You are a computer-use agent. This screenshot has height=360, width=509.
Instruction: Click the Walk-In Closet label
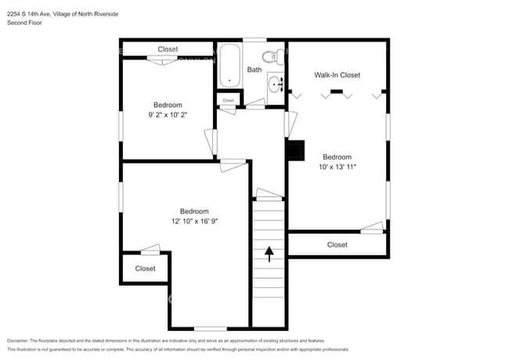tap(337, 75)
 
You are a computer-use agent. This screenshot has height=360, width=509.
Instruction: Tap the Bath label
tap(254, 70)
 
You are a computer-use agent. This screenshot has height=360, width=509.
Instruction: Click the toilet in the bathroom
tap(271, 56)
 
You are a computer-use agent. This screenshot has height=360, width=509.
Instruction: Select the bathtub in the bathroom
tap(230, 65)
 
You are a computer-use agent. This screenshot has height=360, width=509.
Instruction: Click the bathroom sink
tap(274, 84)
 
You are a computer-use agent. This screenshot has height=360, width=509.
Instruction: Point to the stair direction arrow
tap(269, 253)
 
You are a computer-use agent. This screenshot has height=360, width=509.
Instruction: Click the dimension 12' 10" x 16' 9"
tap(193, 221)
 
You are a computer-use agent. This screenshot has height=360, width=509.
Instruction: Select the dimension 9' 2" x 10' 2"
tap(168, 115)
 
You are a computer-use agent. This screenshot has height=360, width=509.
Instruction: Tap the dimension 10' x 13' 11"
tap(338, 167)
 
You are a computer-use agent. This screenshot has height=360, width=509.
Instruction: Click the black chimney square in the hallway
tap(294, 149)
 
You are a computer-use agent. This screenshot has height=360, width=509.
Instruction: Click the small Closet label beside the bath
tap(228, 100)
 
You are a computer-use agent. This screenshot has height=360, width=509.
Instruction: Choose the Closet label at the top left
tap(168, 49)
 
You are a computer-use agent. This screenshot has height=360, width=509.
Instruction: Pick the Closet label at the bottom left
tap(145, 268)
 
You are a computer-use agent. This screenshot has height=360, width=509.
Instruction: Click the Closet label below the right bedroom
tap(337, 245)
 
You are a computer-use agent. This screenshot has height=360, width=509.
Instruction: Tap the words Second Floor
tap(24, 23)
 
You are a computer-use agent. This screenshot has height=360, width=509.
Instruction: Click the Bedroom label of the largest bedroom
tap(193, 211)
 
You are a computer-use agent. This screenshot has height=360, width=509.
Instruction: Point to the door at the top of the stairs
tap(269, 193)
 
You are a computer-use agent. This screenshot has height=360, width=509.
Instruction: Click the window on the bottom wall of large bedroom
tap(210, 328)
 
